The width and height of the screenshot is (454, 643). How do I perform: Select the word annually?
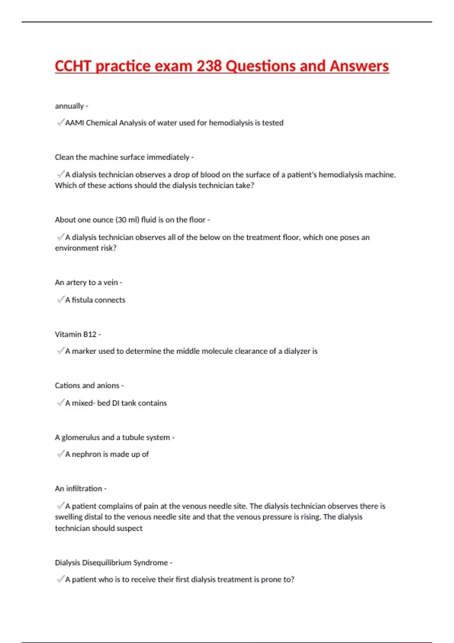(x=69, y=106)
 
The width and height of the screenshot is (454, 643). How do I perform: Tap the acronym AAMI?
(x=75, y=123)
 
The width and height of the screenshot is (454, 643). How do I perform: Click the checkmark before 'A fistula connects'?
(x=60, y=300)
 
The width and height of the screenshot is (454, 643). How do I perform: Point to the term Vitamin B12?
(x=76, y=334)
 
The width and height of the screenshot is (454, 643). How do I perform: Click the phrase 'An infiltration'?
(x=78, y=488)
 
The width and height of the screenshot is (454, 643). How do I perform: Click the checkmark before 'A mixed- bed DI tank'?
(x=60, y=403)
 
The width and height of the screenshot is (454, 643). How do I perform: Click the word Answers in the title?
(x=359, y=66)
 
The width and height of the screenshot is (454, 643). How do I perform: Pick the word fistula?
(x=82, y=300)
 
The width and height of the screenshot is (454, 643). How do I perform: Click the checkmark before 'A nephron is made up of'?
(x=60, y=454)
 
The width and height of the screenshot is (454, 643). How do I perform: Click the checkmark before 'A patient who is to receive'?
(x=60, y=579)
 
